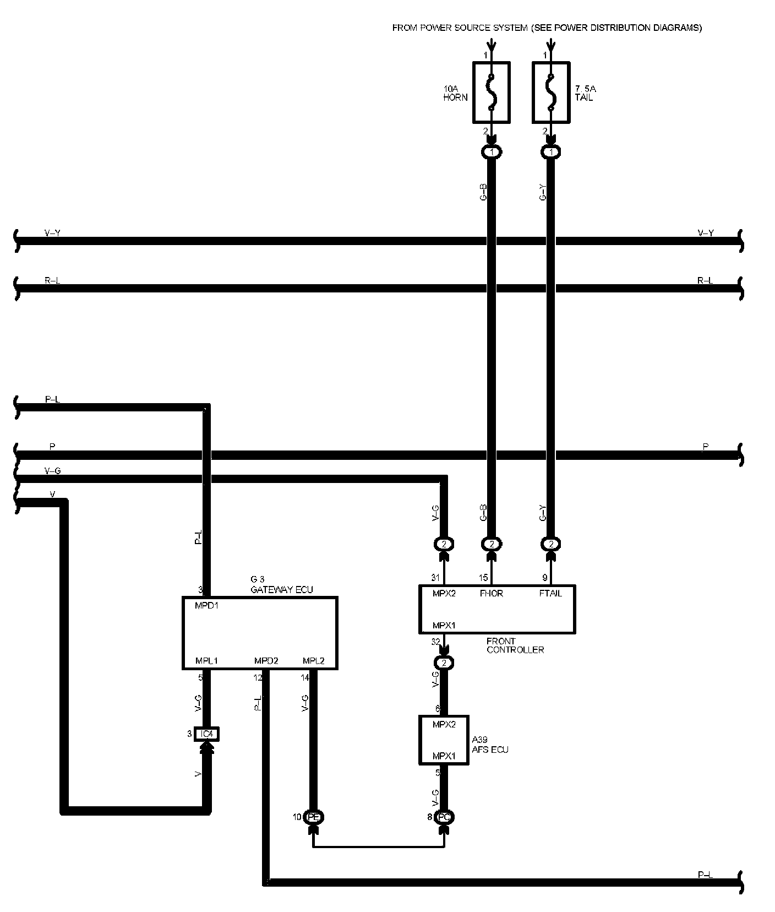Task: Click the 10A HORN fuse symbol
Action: pos(492,92)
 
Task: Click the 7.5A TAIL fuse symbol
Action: pos(551,92)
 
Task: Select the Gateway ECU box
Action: pos(259,633)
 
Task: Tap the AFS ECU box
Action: pos(444,740)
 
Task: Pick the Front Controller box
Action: pos(497,609)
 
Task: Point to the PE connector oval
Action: pos(314,817)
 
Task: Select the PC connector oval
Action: pos(444,817)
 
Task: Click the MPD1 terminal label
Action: pos(207,605)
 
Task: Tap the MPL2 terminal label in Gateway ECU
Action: pos(314,661)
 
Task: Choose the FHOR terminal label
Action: pos(492,594)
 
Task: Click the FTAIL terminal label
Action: pos(550,594)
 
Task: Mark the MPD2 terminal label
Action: pos(266,661)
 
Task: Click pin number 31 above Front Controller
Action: pos(435,578)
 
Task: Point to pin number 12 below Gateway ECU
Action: pos(258,678)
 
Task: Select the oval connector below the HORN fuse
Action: pos(492,152)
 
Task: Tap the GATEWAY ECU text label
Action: pos(282,590)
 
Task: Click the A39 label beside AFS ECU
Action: pos(479,740)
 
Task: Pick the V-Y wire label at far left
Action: pos(52,233)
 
